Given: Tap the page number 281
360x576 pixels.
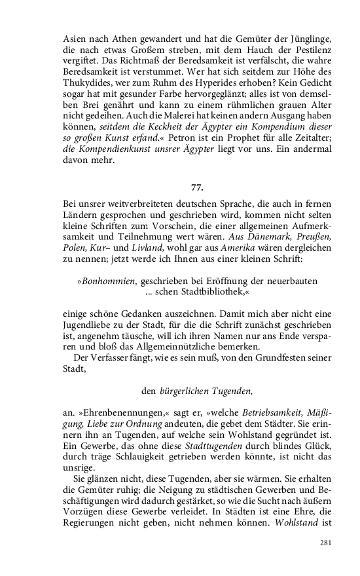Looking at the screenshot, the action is click(327, 543).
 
